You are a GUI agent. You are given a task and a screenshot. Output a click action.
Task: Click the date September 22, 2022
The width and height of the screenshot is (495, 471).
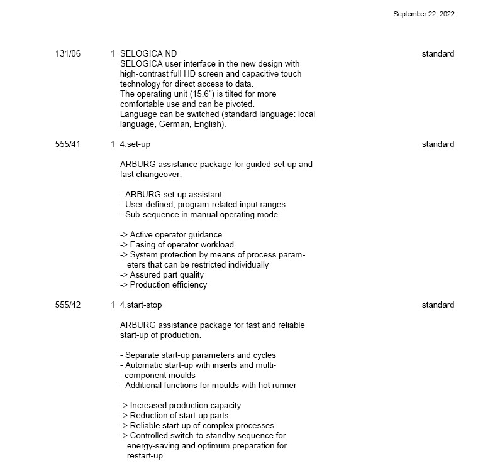click(x=423, y=14)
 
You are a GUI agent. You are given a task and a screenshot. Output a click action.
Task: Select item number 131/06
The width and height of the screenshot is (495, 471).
click(x=68, y=54)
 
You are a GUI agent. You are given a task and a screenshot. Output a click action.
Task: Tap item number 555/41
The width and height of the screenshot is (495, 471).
click(x=68, y=144)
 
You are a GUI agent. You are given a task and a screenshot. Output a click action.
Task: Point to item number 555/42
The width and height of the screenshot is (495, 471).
click(x=68, y=305)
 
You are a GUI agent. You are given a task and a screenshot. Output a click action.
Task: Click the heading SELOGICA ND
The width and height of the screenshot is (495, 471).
click(x=148, y=54)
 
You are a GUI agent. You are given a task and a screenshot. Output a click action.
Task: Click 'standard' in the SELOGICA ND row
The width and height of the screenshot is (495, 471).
click(x=438, y=54)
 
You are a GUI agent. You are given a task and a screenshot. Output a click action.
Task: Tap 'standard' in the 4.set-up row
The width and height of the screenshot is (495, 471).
click(x=438, y=144)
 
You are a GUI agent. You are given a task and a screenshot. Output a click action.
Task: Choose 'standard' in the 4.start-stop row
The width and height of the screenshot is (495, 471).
click(x=438, y=305)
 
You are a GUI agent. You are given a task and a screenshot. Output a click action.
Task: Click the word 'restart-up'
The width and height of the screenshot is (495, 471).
click(x=144, y=456)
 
